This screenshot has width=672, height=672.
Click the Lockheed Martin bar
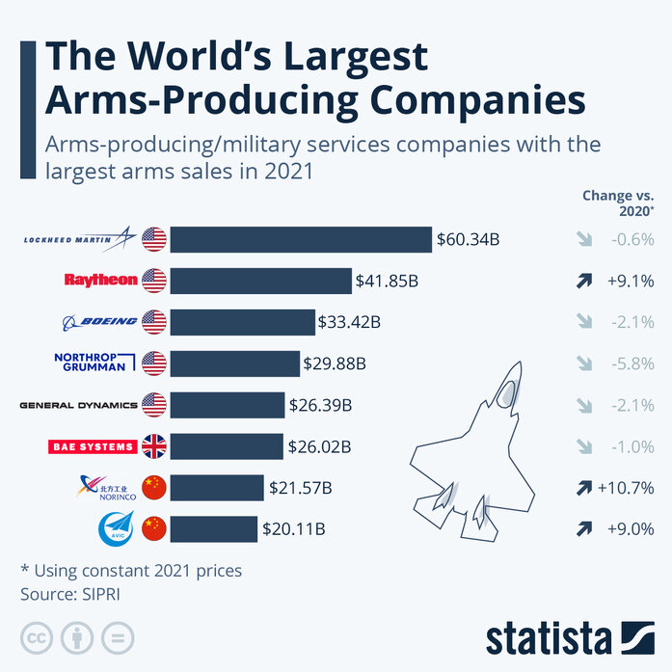(x=301, y=240)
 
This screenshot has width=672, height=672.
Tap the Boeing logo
(x=99, y=322)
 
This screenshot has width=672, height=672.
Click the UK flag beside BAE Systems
(x=154, y=446)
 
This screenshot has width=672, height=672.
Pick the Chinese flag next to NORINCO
(x=154, y=488)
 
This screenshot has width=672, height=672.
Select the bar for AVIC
(x=214, y=529)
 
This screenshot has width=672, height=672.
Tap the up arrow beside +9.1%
(x=584, y=282)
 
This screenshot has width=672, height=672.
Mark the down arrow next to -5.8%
(x=584, y=363)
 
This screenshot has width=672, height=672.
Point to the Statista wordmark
(x=549, y=637)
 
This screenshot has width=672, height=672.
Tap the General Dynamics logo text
(x=78, y=405)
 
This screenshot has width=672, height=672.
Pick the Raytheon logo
(x=101, y=281)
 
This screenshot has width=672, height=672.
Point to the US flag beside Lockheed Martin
(x=154, y=239)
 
